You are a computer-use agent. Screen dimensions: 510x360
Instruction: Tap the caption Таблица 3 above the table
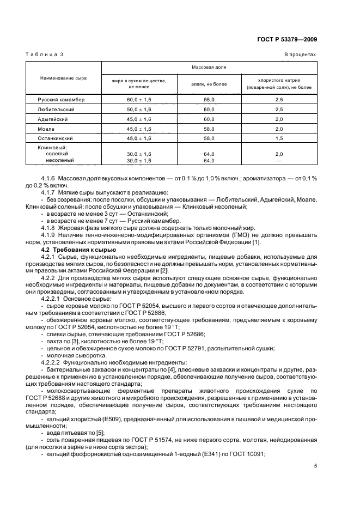[x=45, y=55]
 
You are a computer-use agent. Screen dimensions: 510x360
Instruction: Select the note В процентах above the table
[x=300, y=55]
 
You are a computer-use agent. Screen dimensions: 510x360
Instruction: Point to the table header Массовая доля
[x=209, y=68]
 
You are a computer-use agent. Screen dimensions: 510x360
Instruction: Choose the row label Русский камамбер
[x=61, y=100]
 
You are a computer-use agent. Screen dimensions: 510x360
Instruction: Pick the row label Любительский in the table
[x=56, y=110]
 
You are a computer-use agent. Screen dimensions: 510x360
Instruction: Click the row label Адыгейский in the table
[x=53, y=119]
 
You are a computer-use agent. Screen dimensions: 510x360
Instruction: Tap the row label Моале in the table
[x=46, y=129]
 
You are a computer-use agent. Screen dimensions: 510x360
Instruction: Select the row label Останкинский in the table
[x=56, y=139]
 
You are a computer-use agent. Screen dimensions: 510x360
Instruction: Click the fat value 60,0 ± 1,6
[x=139, y=100]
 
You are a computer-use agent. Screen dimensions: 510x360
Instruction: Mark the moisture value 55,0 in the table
[x=209, y=100]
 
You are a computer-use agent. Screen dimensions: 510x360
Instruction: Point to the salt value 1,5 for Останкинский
[x=279, y=139]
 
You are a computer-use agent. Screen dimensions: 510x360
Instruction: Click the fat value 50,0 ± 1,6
[x=139, y=110]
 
